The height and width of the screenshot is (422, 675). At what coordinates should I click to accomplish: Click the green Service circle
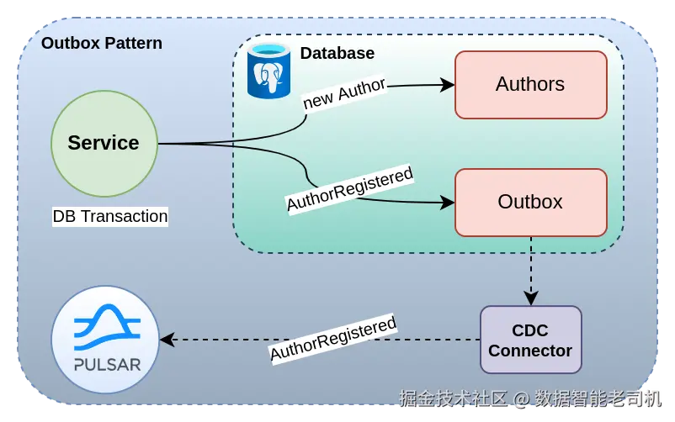[104, 144]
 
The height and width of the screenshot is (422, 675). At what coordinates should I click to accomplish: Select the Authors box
[530, 85]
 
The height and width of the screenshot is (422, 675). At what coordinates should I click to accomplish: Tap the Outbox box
[530, 203]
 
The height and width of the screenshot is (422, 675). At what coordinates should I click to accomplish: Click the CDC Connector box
[530, 340]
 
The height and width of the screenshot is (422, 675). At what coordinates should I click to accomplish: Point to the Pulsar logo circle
[105, 340]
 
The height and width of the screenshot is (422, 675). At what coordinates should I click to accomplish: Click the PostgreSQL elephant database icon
[268, 71]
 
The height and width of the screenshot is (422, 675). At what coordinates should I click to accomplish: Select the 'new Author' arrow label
[344, 92]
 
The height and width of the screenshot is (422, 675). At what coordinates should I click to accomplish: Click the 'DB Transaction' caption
[110, 216]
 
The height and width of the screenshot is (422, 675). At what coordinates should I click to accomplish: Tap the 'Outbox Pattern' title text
[102, 43]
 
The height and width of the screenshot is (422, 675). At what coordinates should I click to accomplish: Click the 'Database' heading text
[337, 54]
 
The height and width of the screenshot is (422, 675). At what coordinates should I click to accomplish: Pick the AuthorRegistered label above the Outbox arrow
[349, 189]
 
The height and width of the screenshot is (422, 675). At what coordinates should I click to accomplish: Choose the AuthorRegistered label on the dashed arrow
[332, 339]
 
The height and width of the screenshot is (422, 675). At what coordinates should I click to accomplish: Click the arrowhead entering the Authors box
[447, 85]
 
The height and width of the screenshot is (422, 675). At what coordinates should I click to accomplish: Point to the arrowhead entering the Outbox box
[447, 203]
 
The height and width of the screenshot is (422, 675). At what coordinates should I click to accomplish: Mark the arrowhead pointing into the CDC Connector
[530, 298]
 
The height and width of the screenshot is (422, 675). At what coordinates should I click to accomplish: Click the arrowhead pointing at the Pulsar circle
[167, 340]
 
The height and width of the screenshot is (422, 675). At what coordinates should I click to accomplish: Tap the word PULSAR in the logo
[106, 365]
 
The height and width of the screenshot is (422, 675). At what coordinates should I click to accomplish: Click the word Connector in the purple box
[530, 351]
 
